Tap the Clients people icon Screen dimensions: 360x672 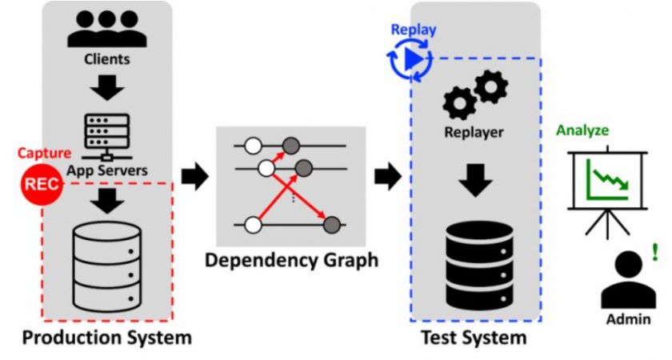click(x=106, y=29)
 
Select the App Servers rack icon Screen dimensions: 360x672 click(x=106, y=134)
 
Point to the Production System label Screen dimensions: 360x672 click(x=106, y=338)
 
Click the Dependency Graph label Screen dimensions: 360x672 click(x=290, y=261)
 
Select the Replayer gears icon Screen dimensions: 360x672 click(x=474, y=94)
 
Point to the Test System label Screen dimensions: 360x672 click(x=474, y=338)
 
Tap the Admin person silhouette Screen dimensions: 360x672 click(x=627, y=279)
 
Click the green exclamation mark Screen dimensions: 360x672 click(x=655, y=252)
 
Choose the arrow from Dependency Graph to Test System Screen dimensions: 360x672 click(x=389, y=176)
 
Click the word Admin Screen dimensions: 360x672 click(x=628, y=319)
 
